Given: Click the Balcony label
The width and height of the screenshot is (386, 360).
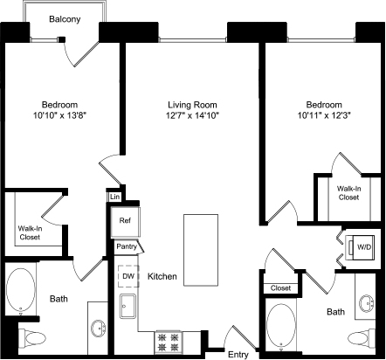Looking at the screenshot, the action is [65, 19].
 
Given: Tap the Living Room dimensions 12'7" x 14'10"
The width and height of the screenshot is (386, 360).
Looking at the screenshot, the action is [192, 115].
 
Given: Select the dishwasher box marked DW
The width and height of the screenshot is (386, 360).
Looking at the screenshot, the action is [128, 276].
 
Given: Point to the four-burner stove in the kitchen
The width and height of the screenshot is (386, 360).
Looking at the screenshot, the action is [169, 342].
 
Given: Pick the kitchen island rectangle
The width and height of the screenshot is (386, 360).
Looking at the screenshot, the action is [201, 250].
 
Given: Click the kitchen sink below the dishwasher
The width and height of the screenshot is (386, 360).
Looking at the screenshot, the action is [128, 306].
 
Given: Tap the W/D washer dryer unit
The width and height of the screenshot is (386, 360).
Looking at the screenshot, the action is [360, 247].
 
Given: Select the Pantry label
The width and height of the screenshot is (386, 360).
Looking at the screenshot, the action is [127, 246].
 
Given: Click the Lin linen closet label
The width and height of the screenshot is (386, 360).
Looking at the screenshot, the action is [115, 197].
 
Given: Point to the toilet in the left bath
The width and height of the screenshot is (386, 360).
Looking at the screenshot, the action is [32, 338].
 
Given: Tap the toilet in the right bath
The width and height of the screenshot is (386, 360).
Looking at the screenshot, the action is [362, 339].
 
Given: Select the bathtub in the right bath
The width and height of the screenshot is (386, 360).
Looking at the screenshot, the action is [281, 324].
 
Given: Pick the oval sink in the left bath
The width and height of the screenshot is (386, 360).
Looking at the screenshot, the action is [99, 329].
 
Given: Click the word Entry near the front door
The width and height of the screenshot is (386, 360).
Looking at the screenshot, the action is [238, 355].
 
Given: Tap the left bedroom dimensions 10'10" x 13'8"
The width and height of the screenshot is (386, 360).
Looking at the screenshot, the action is [60, 115].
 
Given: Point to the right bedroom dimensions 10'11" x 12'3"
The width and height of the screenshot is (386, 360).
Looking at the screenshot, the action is [324, 115].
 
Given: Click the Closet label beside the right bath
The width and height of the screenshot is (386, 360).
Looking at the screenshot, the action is [280, 288].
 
